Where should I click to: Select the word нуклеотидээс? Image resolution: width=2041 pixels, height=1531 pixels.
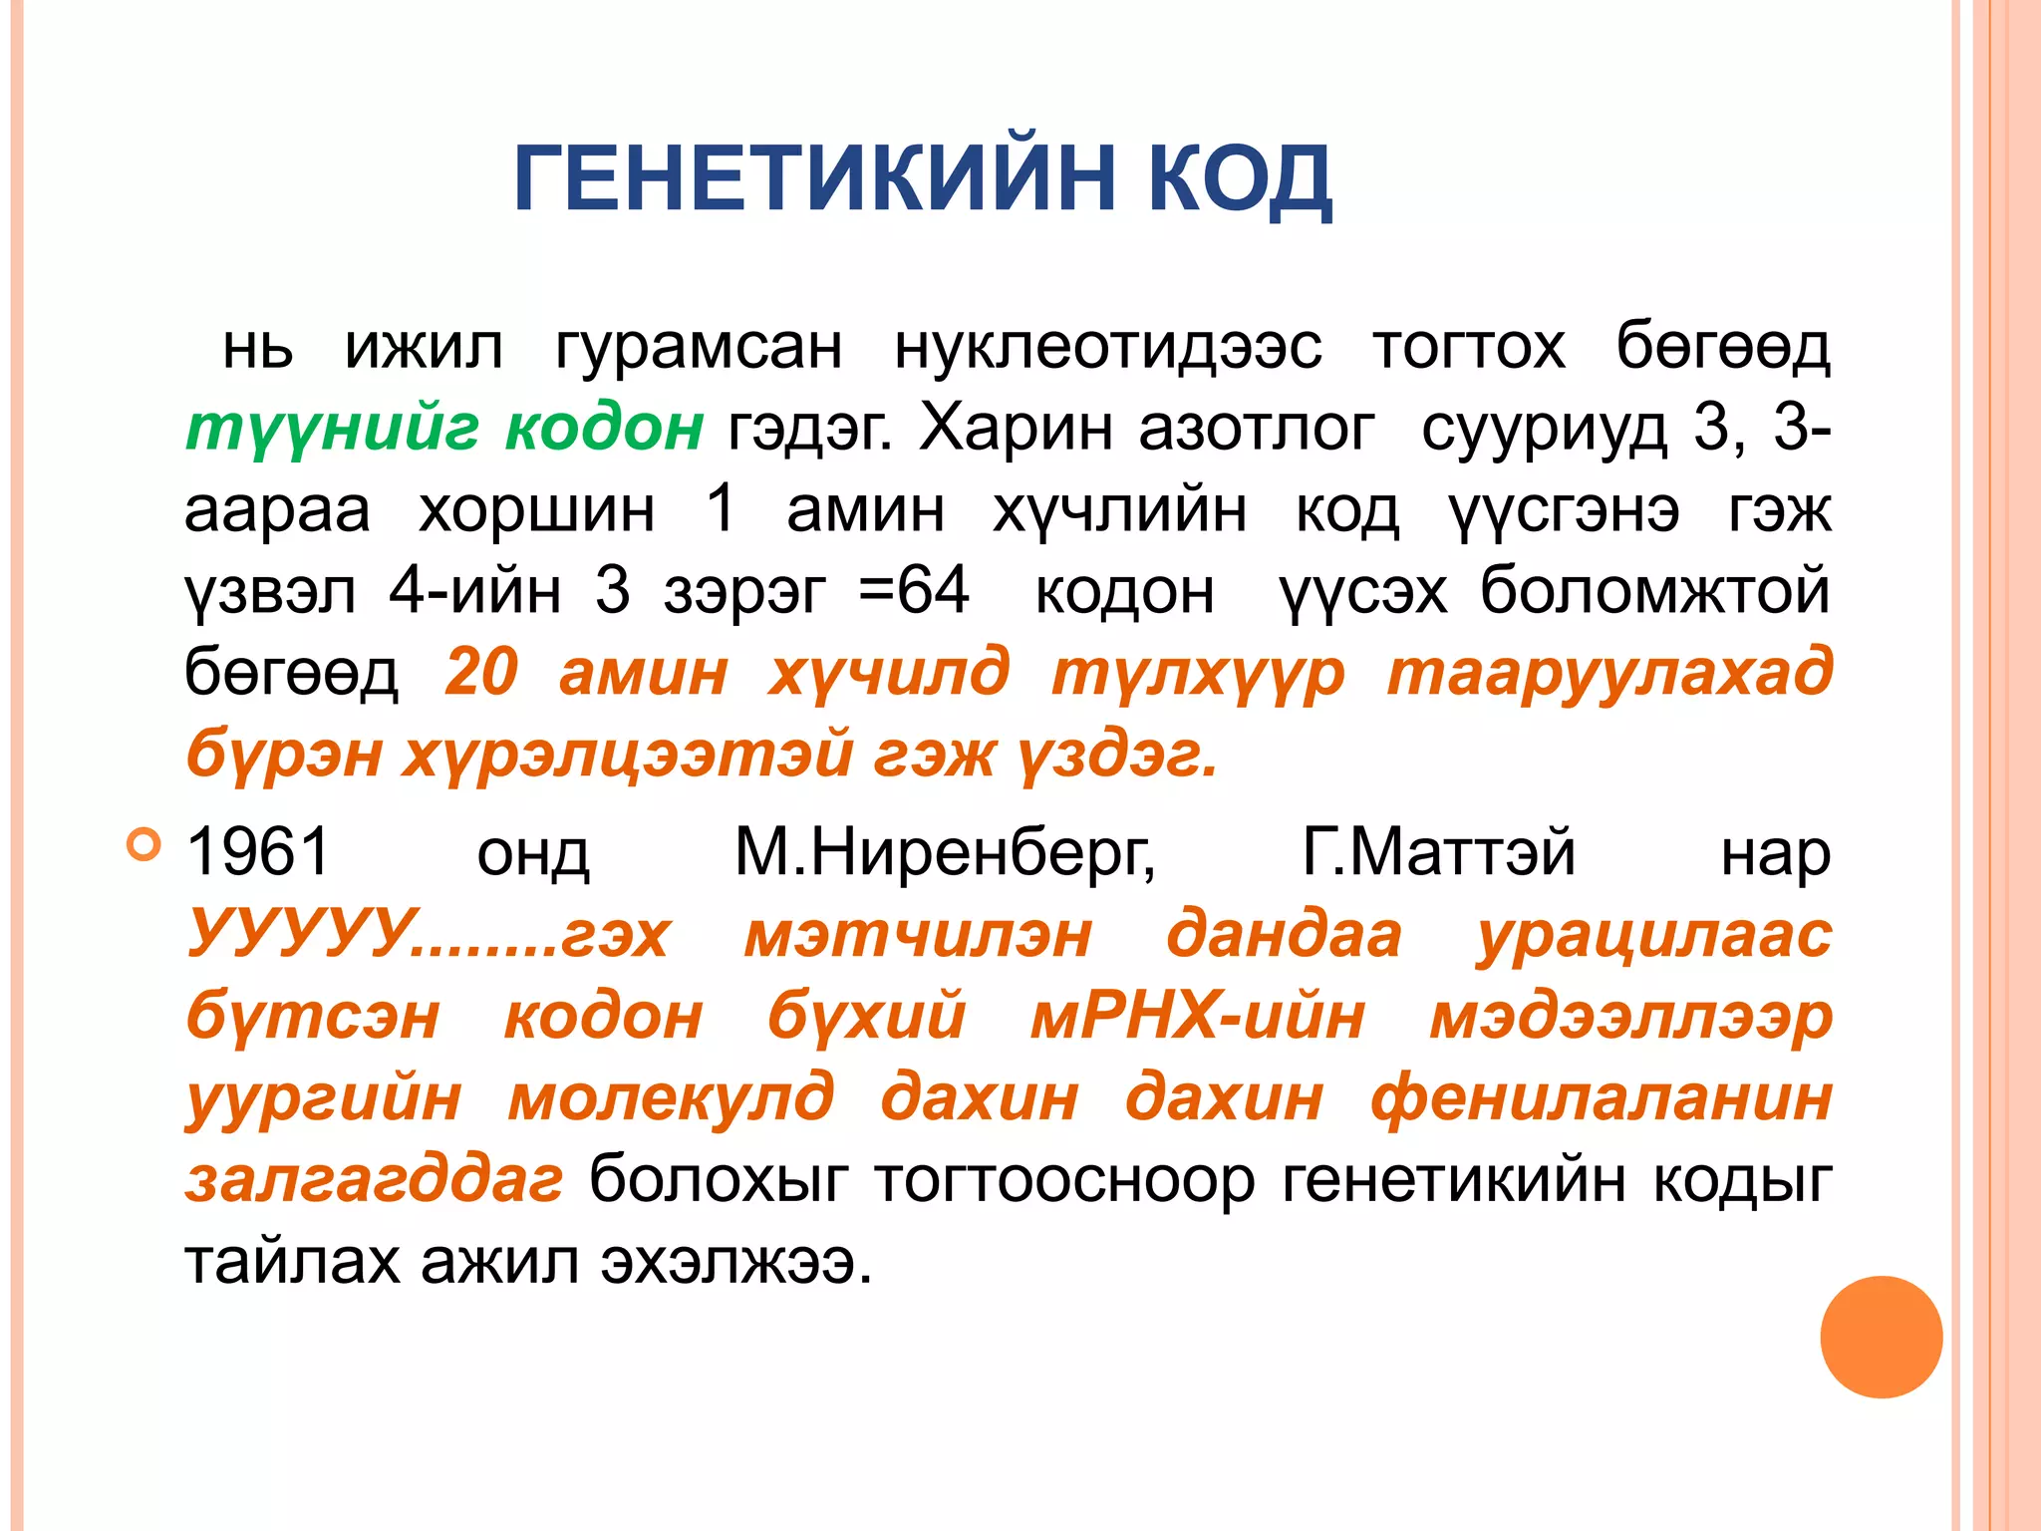[x=1107, y=348]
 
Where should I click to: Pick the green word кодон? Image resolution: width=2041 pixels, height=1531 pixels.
[x=604, y=430]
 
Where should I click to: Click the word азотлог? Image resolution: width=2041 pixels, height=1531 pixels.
[x=1257, y=430]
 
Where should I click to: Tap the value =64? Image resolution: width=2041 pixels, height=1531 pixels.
[x=914, y=591]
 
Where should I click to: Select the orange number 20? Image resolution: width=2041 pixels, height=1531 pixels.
[x=481, y=673]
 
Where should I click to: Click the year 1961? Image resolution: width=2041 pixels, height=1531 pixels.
[x=258, y=853]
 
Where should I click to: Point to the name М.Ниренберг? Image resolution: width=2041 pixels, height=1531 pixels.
[x=945, y=853]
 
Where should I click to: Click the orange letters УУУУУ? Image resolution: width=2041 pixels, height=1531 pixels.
[x=299, y=935]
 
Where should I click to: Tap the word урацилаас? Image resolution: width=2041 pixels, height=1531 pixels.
[x=1653, y=935]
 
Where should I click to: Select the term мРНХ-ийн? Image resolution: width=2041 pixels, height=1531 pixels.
[x=1197, y=1018]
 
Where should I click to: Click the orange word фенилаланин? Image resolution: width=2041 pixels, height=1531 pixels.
[x=1601, y=1099]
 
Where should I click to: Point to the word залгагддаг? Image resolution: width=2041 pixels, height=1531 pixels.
[x=375, y=1181]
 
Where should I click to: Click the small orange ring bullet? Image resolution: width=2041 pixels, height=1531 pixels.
[x=144, y=845]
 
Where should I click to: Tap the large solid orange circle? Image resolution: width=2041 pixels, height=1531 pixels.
[x=1881, y=1337]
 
